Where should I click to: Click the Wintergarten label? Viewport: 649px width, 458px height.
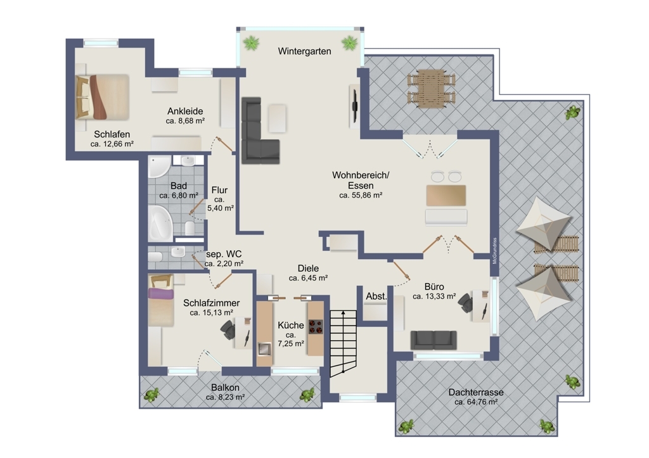[x=304, y=51]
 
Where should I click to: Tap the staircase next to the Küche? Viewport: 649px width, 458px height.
[x=343, y=343]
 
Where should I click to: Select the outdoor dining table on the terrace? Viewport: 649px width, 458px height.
[x=431, y=88]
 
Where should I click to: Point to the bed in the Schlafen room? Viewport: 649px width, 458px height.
[x=102, y=97]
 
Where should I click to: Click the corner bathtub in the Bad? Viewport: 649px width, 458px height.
[x=160, y=223]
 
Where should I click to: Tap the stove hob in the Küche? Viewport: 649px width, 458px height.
[x=316, y=326]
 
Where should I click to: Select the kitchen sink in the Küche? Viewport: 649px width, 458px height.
[x=264, y=349]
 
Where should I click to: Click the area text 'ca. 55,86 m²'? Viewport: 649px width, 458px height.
[x=361, y=195]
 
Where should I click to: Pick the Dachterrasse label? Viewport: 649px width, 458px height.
[x=476, y=392]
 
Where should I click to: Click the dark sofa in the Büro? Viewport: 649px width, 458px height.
[x=434, y=340]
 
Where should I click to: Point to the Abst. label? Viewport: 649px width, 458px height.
[x=376, y=296]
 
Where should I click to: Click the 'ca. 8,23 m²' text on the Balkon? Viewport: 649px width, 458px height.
[x=225, y=397]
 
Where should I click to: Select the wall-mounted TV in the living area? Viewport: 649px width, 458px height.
[x=355, y=106]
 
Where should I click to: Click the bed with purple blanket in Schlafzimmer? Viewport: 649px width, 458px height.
[x=161, y=301]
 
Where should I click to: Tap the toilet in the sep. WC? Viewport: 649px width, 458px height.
[x=155, y=257]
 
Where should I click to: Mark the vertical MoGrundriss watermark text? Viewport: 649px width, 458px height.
[x=494, y=251]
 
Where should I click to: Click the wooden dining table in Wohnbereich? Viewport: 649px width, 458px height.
[x=446, y=196]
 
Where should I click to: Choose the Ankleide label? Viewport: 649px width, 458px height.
[x=185, y=111]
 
